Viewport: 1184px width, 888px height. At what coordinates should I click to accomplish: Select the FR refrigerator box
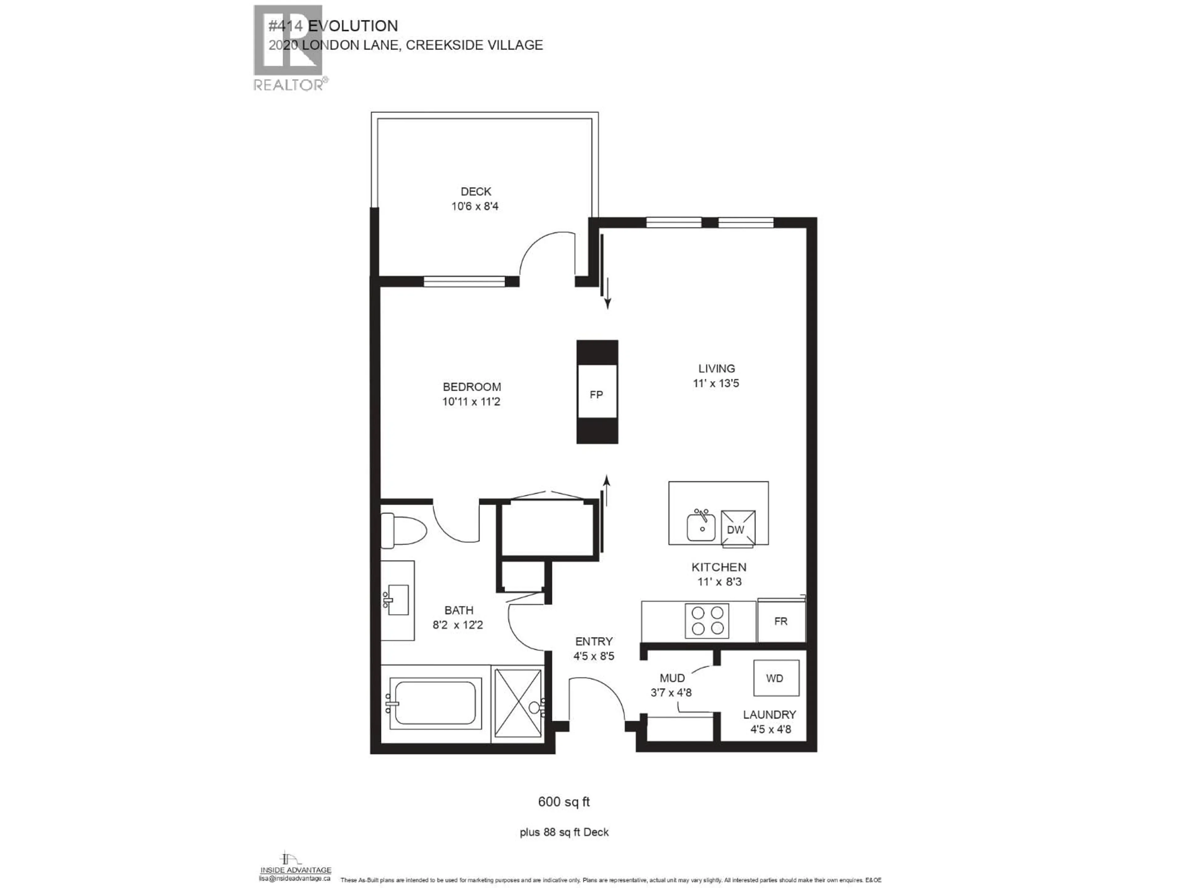(x=780, y=621)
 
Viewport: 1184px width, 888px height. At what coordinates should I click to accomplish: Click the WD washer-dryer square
(x=775, y=678)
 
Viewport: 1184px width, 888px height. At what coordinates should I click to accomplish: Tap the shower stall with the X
(x=518, y=702)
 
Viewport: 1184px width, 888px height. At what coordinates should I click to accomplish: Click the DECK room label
(x=475, y=191)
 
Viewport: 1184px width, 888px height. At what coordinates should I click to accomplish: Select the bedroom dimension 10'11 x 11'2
(x=471, y=401)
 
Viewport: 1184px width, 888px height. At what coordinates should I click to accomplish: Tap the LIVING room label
(x=716, y=368)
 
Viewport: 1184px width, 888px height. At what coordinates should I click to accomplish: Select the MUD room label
(x=672, y=678)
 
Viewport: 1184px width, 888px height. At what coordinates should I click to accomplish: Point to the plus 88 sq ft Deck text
(x=564, y=832)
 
